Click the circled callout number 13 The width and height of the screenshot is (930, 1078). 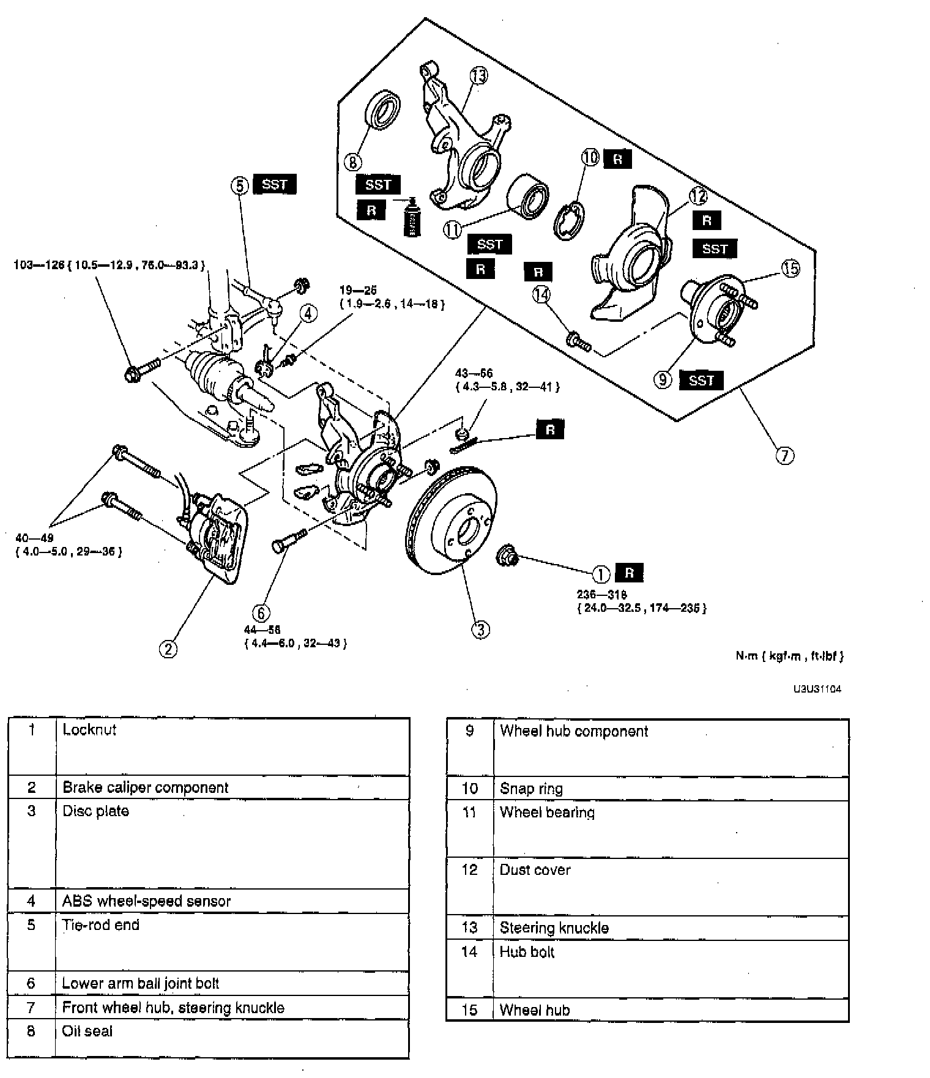pos(478,75)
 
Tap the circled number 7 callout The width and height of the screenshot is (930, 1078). pos(785,455)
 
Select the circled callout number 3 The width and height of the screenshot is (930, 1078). pos(480,629)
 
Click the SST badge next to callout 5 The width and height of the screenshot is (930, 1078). pos(274,184)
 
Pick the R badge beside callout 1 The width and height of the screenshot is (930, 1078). pos(629,573)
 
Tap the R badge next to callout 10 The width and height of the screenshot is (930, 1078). pos(618,159)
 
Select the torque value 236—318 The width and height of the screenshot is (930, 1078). pos(601,594)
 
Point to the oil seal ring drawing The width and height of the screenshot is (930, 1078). pos(383,110)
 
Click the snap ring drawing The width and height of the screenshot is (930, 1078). pos(569,218)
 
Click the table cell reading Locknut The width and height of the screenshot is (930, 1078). pos(89,729)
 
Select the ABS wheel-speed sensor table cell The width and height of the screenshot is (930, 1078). pos(147,901)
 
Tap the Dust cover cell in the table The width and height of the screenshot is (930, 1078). pos(535,870)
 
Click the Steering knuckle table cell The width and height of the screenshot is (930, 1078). pos(554,927)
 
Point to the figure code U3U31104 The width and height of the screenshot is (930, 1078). pos(817,689)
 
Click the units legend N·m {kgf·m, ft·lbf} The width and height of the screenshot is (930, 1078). pos(789,656)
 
